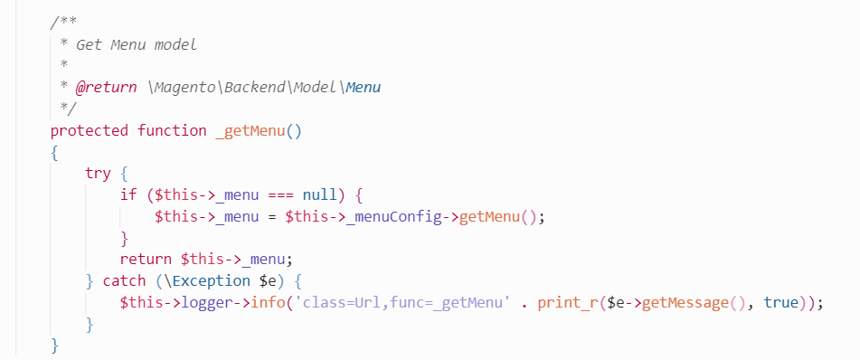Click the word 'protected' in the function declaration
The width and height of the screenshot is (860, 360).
tap(90, 130)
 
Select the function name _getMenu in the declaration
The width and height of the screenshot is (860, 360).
tap(250, 130)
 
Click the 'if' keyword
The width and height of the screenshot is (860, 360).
tap(128, 194)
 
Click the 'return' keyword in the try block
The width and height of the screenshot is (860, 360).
tap(146, 260)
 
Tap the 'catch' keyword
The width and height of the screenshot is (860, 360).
tap(124, 281)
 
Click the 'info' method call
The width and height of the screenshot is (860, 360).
tap(268, 303)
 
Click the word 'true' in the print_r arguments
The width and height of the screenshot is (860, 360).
tap(781, 303)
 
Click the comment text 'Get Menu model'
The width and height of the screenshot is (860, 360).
tap(137, 43)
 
